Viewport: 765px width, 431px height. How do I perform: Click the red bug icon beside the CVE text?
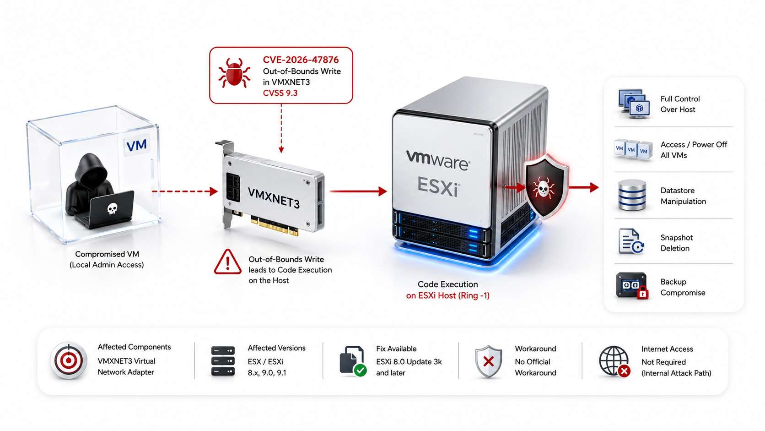click(x=234, y=72)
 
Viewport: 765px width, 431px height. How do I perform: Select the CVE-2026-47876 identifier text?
click(x=301, y=60)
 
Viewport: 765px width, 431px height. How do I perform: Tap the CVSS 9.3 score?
click(x=280, y=93)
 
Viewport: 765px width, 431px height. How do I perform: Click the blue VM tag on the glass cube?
click(x=137, y=145)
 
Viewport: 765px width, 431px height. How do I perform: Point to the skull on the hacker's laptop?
click(x=112, y=208)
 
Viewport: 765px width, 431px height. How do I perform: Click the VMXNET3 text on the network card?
click(x=274, y=198)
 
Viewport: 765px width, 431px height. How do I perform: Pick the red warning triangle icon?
click(x=228, y=262)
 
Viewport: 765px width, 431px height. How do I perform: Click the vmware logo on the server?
click(x=438, y=160)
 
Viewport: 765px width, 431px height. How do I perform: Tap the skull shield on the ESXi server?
click(x=544, y=186)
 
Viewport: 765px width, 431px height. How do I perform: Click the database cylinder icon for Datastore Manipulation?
click(x=632, y=195)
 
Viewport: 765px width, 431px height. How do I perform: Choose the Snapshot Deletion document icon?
click(x=631, y=241)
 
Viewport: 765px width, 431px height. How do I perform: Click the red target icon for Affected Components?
click(x=68, y=360)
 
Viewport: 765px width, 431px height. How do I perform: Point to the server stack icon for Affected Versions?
click(x=223, y=361)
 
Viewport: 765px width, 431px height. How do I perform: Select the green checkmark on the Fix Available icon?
click(x=360, y=370)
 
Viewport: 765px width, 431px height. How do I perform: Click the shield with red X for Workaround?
click(x=489, y=361)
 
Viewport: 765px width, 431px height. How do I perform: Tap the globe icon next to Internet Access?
click(x=614, y=361)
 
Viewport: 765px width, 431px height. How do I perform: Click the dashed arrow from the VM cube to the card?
click(x=185, y=191)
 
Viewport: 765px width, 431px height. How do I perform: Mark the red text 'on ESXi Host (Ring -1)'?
click(x=448, y=295)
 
